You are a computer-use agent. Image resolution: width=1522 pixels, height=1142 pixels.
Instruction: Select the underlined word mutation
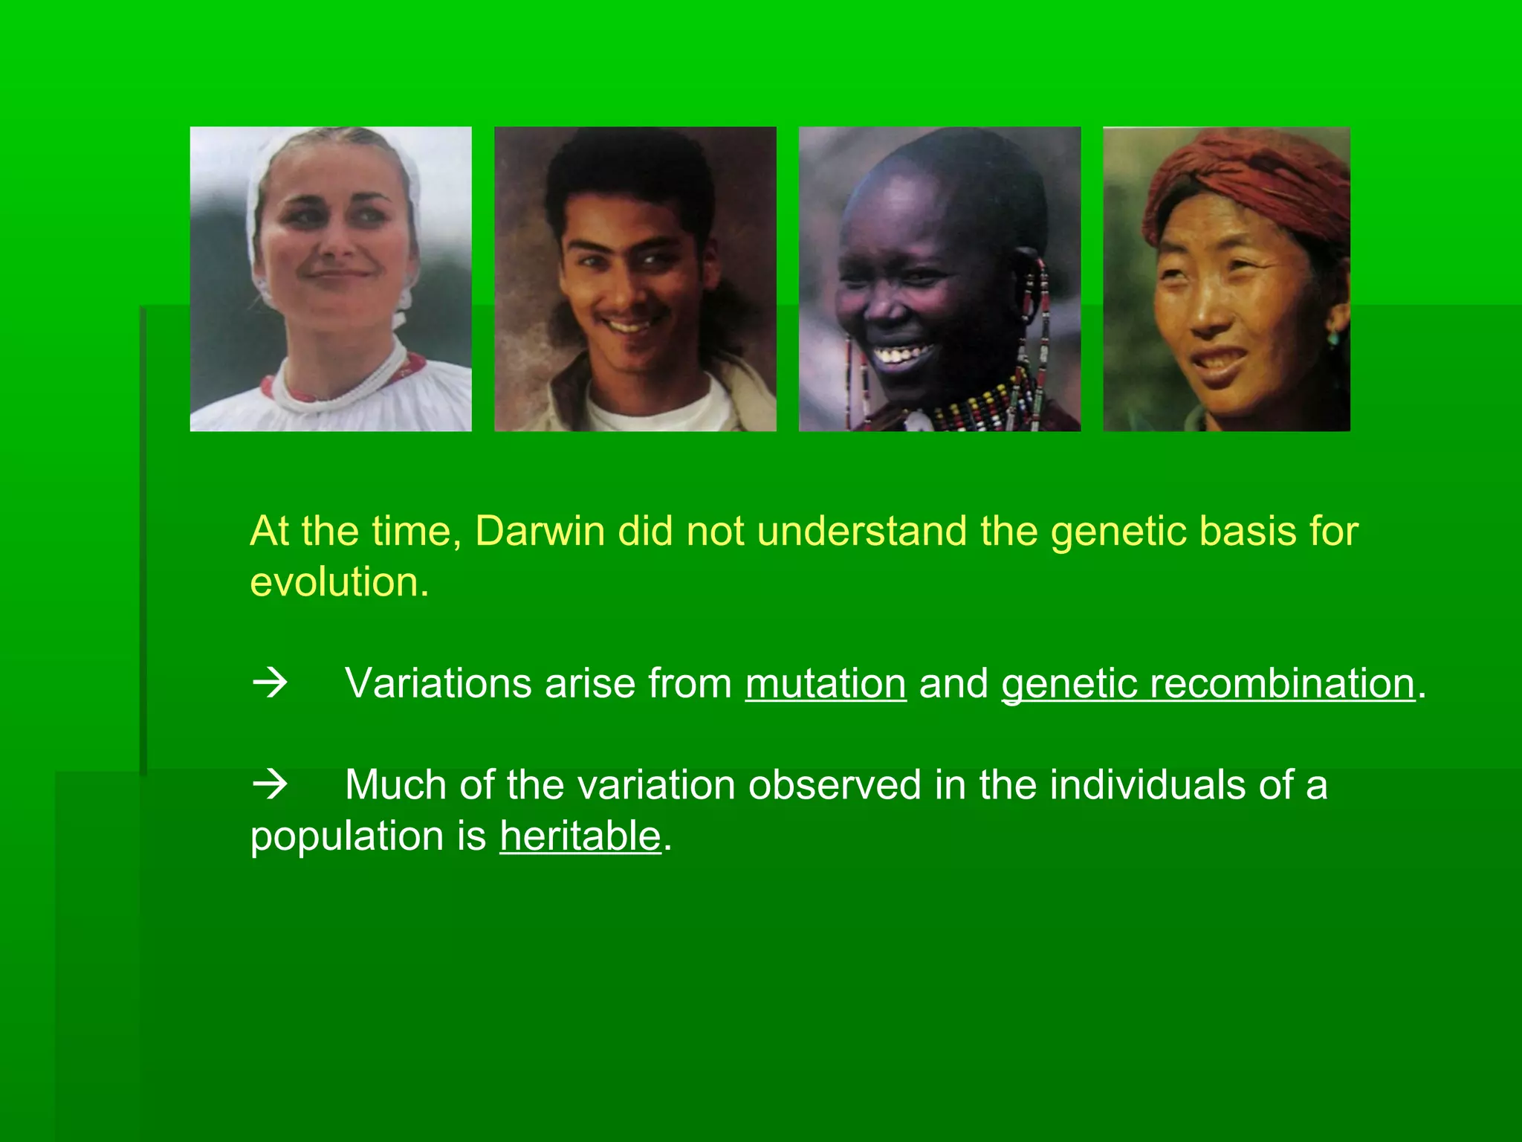pos(826,683)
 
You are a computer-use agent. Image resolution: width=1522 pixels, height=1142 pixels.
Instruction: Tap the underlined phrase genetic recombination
pos(1208,683)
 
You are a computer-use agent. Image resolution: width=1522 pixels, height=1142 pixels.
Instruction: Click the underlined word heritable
pos(580,836)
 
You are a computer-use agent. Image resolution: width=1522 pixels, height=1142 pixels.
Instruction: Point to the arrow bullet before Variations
pos(270,683)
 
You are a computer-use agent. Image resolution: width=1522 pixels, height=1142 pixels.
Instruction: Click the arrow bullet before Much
pos(270,784)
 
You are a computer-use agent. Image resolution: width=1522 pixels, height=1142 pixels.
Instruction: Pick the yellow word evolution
pos(339,582)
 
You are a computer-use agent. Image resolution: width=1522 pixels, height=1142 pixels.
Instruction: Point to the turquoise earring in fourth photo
pos(1333,338)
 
